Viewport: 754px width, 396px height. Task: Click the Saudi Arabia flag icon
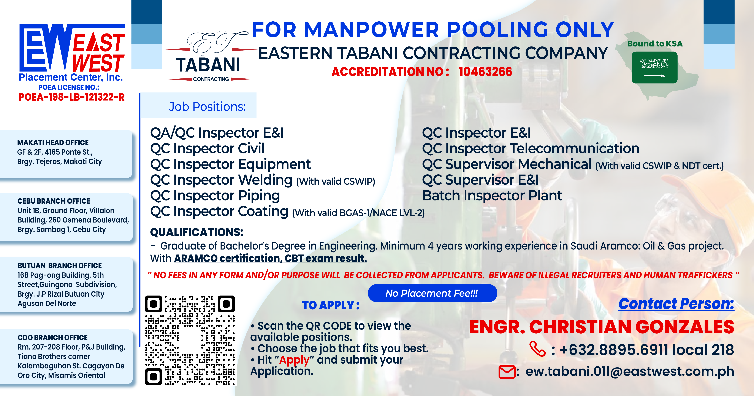pyautogui.click(x=654, y=67)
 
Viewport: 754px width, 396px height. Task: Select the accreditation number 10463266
pyautogui.click(x=485, y=72)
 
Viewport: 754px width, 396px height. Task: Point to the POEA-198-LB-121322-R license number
pyautogui.click(x=72, y=97)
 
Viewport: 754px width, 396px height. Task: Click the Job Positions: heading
pyautogui.click(x=207, y=107)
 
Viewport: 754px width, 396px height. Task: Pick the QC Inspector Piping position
pyautogui.click(x=215, y=196)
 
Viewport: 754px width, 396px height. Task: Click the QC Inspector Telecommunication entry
pyautogui.click(x=531, y=148)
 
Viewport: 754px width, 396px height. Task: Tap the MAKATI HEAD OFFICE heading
pyautogui.click(x=53, y=143)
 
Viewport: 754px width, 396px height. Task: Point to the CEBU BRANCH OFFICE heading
pyautogui.click(x=54, y=201)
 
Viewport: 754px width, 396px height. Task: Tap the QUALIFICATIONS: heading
pyautogui.click(x=197, y=232)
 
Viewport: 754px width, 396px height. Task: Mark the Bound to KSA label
pyautogui.click(x=655, y=44)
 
